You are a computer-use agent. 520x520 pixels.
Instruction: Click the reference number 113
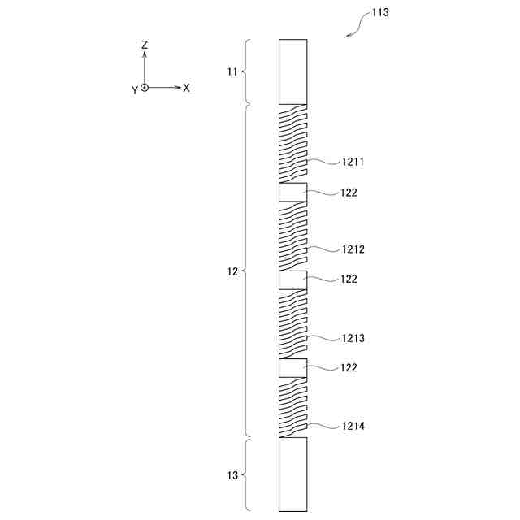point(380,13)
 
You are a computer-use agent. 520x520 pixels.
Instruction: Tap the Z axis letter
point(145,45)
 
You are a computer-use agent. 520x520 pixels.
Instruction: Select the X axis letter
point(186,88)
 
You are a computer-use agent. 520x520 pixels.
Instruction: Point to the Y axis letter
point(135,90)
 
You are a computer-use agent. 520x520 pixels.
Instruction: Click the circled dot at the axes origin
point(145,88)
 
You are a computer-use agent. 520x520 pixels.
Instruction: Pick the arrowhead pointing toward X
point(178,88)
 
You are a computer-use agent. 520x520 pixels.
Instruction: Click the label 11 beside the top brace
point(232,71)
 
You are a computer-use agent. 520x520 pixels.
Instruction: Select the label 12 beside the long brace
point(233,271)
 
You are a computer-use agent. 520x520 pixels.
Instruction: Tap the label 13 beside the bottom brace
point(233,475)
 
